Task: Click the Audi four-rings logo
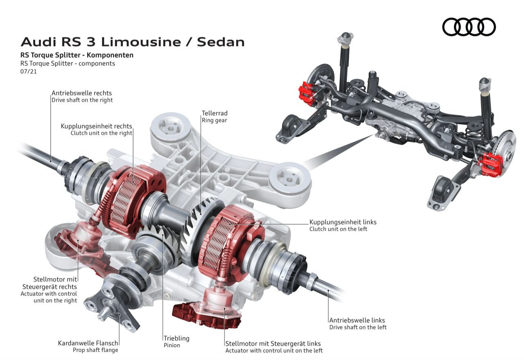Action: click(469, 27)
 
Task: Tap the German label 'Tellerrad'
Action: click(214, 113)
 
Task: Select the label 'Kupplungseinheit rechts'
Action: click(96, 126)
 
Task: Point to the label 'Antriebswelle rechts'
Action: click(81, 93)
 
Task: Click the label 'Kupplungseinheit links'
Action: click(343, 222)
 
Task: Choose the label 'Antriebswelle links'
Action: click(357, 320)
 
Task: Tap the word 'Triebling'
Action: click(176, 338)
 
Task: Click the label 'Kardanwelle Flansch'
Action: click(88, 343)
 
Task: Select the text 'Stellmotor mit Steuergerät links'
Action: click(273, 344)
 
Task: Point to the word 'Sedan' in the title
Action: click(221, 42)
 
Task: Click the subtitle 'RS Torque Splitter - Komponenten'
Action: click(77, 55)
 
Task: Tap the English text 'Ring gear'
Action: click(214, 120)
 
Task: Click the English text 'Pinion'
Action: click(172, 345)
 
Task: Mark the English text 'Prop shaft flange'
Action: click(95, 350)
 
